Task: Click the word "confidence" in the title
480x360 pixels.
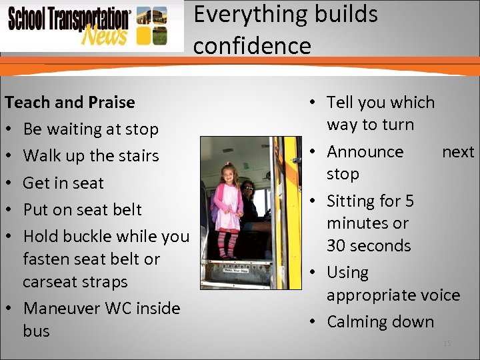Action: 252,45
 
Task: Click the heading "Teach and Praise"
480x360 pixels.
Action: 69,102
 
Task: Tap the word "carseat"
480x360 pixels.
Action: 51,281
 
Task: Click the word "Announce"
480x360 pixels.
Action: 365,151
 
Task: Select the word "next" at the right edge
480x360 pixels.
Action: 458,151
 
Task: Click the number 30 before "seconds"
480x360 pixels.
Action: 336,245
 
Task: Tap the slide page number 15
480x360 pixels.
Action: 447,343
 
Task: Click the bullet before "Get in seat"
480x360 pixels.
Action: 10,183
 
